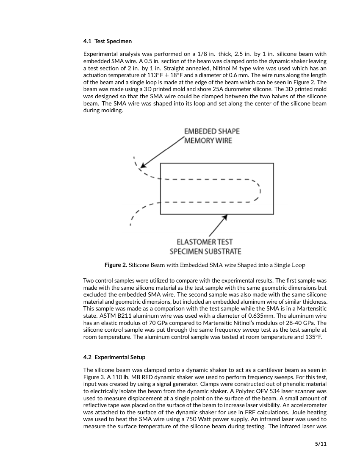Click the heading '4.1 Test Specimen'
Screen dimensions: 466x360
pyautogui.click(x=108, y=41)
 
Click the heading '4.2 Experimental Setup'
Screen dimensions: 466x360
pyautogui.click(x=114, y=357)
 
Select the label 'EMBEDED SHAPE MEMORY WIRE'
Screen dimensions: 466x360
pyautogui.click(x=211, y=136)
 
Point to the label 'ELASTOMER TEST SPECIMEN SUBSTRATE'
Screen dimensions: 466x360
pyautogui.click(x=205, y=247)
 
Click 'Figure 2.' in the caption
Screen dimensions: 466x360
pyautogui.click(x=116, y=265)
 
